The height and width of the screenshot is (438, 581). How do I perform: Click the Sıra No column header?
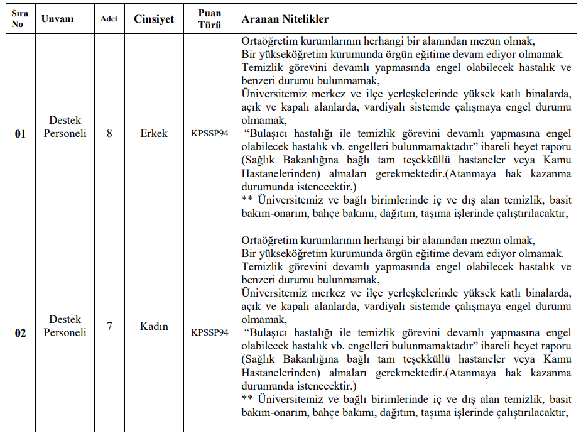click(x=19, y=19)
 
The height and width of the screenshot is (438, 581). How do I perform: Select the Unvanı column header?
click(x=57, y=19)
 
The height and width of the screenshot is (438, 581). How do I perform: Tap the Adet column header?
click(x=109, y=19)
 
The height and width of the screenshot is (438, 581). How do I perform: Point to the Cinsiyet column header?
click(x=154, y=19)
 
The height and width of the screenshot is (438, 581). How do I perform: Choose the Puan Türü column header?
click(x=209, y=19)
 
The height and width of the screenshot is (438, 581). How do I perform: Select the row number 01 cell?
click(x=20, y=134)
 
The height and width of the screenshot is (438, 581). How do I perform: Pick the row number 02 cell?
click(x=20, y=333)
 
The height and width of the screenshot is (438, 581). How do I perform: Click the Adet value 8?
click(x=109, y=133)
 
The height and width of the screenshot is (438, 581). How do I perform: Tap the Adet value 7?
click(x=109, y=327)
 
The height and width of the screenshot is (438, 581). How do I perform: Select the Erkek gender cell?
click(x=154, y=133)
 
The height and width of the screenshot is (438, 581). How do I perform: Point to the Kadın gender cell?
click(x=154, y=327)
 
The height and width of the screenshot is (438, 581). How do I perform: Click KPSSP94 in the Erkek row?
click(x=210, y=134)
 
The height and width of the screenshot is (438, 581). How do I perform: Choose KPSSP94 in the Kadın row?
click(x=210, y=332)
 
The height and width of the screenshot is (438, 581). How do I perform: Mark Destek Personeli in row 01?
click(x=65, y=127)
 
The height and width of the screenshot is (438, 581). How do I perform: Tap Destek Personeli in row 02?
click(x=65, y=326)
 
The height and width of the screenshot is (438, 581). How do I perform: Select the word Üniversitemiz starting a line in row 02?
click(x=274, y=293)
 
